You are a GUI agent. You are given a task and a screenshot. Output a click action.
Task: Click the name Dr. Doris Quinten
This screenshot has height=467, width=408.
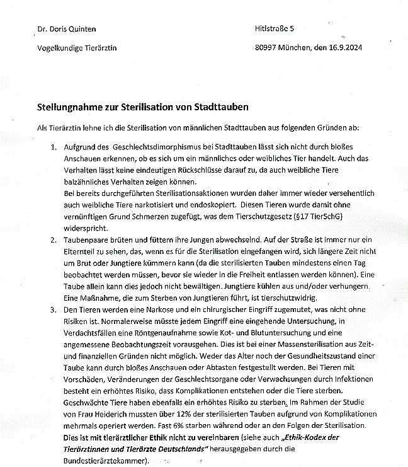pyautogui.click(x=67, y=29)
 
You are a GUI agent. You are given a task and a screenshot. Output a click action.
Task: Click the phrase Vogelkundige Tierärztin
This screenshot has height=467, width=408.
pyautogui.click(x=77, y=48)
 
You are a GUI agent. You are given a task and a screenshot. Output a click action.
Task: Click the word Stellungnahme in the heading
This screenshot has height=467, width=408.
pyautogui.click(x=69, y=107)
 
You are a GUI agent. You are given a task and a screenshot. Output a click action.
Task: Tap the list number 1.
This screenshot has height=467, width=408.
pyautogui.click(x=54, y=147)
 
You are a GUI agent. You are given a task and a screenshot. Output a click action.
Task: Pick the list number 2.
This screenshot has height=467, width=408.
pyautogui.click(x=54, y=239)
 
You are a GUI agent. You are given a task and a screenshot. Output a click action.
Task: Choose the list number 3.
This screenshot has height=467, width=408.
pyautogui.click(x=54, y=311)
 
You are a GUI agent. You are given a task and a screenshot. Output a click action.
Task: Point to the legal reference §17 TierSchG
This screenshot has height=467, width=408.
pyautogui.click(x=336, y=216)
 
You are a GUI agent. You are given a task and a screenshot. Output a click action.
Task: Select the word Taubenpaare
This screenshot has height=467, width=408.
pyautogui.click(x=86, y=239)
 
